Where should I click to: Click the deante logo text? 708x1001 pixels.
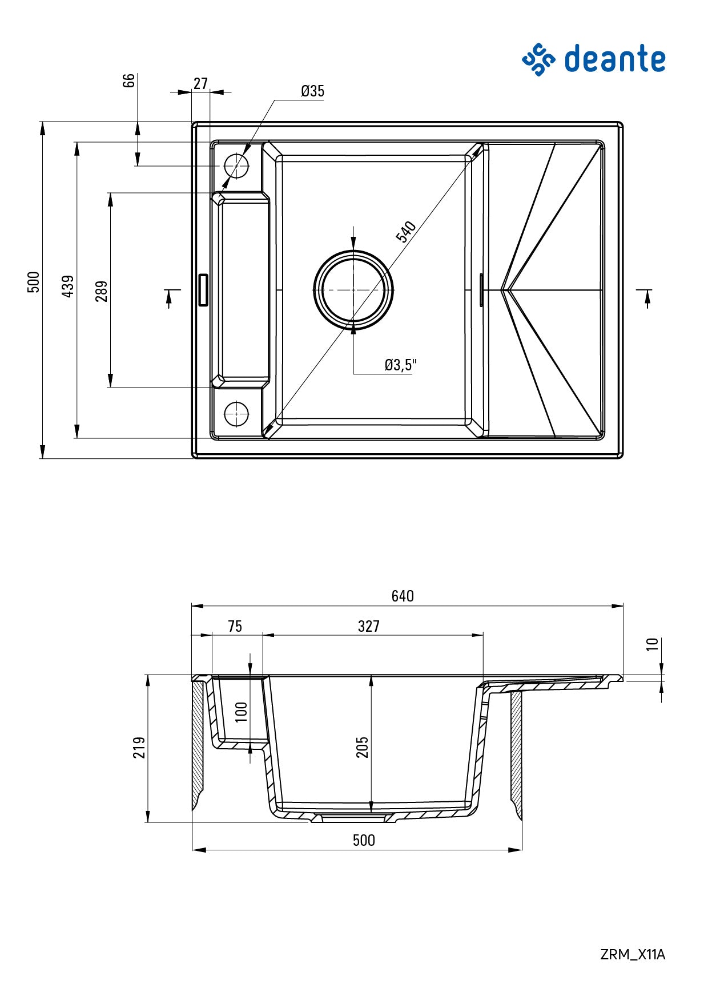point(614,59)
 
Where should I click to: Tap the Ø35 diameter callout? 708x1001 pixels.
point(312,91)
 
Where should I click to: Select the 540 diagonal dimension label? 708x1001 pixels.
point(406,232)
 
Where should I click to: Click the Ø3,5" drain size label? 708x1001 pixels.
point(400,365)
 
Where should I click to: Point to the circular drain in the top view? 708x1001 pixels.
point(353,290)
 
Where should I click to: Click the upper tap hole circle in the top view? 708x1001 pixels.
point(236,166)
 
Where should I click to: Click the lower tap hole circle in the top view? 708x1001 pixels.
point(236,413)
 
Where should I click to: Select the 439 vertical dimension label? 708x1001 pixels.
point(68,286)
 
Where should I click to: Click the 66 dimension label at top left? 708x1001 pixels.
point(130,80)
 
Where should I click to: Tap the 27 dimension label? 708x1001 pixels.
point(200,84)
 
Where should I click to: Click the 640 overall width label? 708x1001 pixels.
point(403,596)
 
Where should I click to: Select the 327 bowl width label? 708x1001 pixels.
point(369,627)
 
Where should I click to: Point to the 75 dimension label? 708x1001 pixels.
point(235,627)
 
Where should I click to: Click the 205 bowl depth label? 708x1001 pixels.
point(363,747)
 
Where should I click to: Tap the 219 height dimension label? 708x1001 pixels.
point(139,747)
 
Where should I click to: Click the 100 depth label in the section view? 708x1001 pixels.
point(242,712)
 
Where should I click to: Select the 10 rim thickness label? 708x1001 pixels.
point(652,644)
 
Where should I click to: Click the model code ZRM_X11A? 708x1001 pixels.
point(633,954)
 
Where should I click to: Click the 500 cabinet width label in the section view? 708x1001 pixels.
point(364,840)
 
